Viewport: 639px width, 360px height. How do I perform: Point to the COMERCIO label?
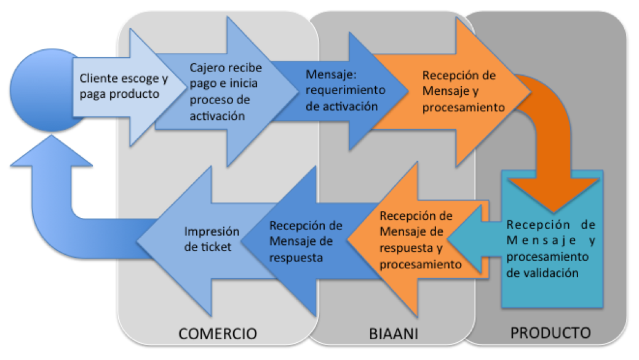217,334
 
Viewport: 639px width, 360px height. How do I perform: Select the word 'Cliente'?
100,79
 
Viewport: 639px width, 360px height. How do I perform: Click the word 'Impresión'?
203,232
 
